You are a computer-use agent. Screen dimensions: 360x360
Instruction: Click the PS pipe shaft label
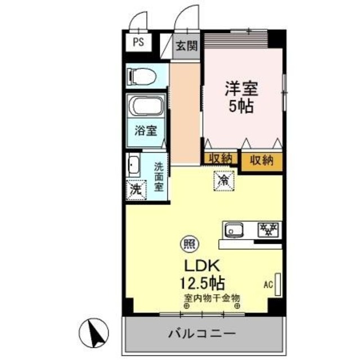point(138,42)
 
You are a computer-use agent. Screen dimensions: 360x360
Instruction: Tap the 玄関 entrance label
point(186,46)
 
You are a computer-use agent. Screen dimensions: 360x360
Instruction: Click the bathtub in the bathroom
point(146,107)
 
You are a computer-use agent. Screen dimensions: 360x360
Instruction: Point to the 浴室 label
point(145,130)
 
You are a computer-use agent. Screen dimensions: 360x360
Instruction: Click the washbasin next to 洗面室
point(134,165)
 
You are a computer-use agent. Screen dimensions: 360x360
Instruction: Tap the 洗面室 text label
point(159,176)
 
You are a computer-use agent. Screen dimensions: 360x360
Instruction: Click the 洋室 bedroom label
point(241,89)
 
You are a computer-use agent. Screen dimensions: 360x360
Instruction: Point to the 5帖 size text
point(241,106)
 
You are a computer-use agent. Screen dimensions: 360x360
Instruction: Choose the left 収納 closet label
point(219,159)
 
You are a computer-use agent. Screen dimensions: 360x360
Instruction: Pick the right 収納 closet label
point(262,160)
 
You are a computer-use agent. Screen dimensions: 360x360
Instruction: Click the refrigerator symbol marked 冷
point(223,181)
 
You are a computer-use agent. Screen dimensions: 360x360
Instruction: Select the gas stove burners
point(268,229)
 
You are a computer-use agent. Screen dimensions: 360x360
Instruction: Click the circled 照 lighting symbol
point(187,245)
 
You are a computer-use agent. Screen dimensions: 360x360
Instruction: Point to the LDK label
point(195,264)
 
